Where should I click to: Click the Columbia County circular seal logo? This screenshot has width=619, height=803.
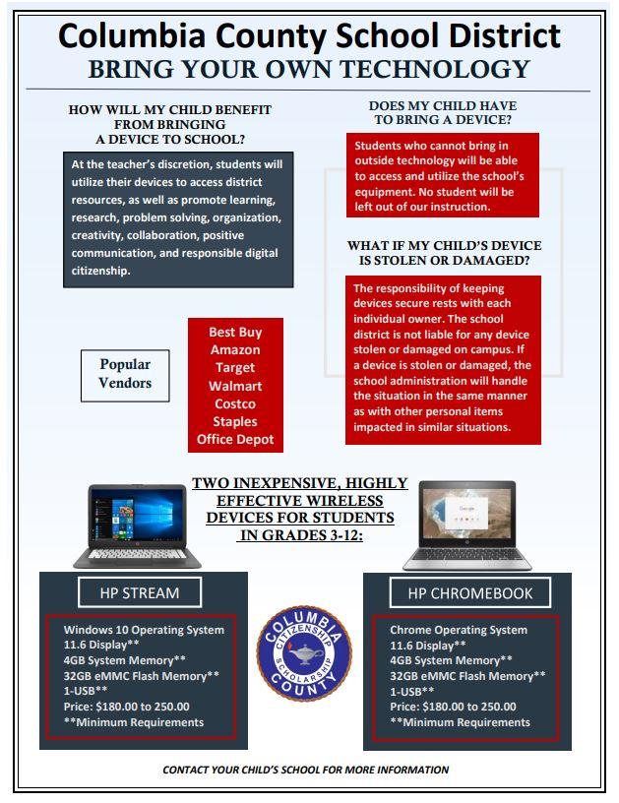tap(304, 653)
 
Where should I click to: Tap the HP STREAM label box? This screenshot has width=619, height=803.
tap(140, 592)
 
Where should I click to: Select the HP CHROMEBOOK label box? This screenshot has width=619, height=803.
tap(469, 592)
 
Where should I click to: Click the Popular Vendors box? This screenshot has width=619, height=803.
tap(125, 374)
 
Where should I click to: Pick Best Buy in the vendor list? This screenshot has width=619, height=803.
tap(235, 332)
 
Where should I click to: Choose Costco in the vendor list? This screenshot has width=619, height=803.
tap(235, 403)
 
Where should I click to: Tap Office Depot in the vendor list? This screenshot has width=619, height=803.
tap(235, 439)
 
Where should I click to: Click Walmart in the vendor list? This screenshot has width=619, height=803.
tap(235, 386)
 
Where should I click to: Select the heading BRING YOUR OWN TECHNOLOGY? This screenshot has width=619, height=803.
tap(309, 69)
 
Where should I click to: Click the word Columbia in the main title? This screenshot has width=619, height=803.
tap(138, 35)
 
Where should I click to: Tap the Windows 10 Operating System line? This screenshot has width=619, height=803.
tap(144, 630)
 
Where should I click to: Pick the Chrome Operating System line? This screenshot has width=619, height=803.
tap(459, 630)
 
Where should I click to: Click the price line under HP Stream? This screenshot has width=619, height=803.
tap(127, 707)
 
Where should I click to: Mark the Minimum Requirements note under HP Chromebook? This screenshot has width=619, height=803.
tap(460, 722)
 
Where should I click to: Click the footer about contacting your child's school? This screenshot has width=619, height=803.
tap(305, 770)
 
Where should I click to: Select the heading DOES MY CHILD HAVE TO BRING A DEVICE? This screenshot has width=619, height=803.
tap(443, 112)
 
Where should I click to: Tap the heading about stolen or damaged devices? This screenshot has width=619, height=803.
tap(444, 253)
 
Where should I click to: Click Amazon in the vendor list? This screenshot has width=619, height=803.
tap(235, 349)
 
